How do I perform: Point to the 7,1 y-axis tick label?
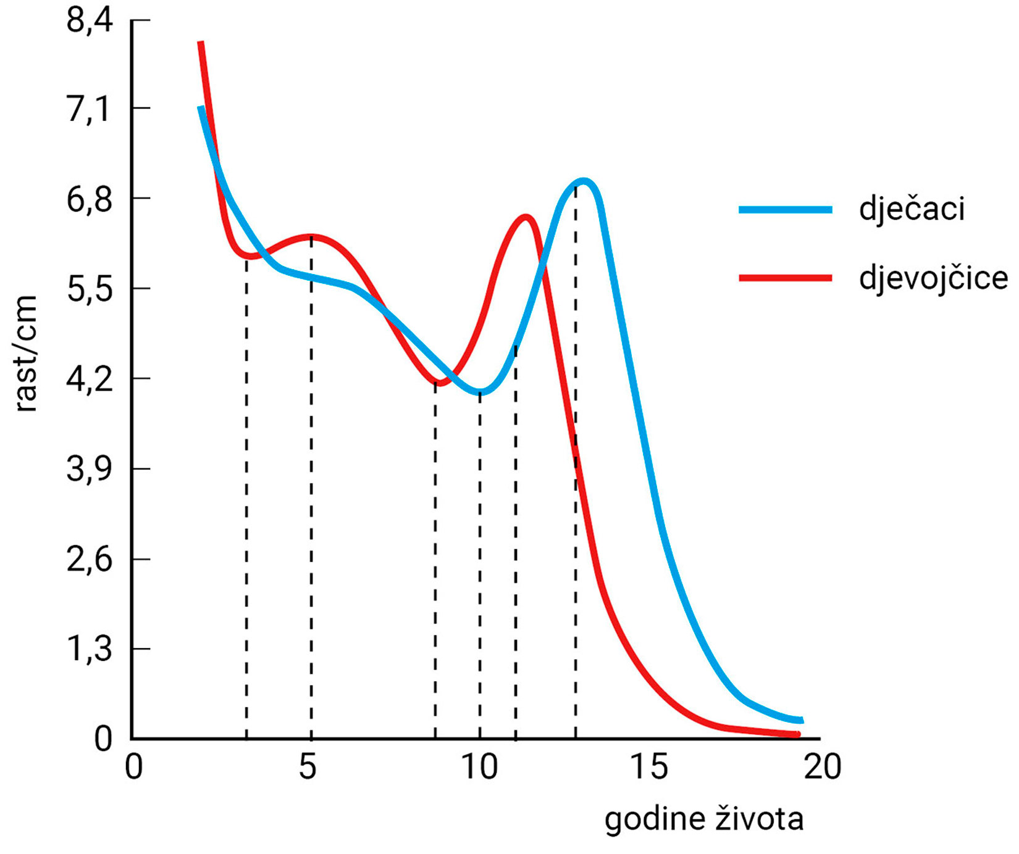coord(90,110)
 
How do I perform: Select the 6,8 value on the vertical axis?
coord(90,200)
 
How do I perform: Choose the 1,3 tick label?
coord(90,650)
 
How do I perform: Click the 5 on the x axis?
coord(308,767)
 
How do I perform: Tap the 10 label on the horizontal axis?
coord(479,767)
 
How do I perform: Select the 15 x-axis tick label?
coord(649,767)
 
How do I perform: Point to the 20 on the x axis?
coord(823,767)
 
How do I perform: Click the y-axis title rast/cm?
coord(26,353)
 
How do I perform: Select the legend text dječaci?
coord(912,209)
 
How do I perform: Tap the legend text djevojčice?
coord(933,278)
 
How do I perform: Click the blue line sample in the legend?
coord(785,210)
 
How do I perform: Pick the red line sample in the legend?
coord(785,278)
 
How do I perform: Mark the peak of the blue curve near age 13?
coord(583,181)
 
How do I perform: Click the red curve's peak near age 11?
coord(526,217)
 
